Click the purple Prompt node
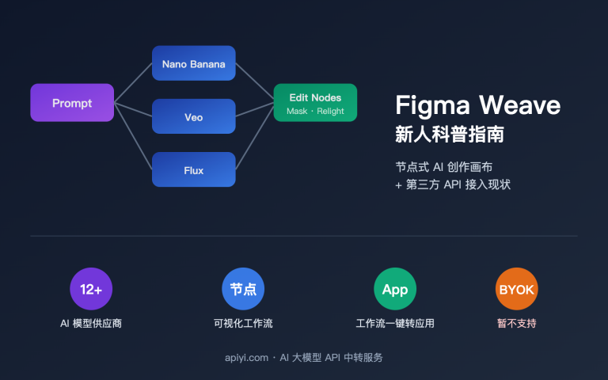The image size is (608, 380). point(72,103)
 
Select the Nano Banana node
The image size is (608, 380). point(193,63)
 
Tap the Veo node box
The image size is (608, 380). point(193,116)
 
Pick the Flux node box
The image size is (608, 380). point(193,169)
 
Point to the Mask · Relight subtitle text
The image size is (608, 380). point(315,112)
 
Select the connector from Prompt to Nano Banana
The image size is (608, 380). point(133,83)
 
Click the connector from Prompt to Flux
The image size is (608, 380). point(133,136)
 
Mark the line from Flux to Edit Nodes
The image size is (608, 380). point(254,136)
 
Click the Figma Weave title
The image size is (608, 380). point(477,105)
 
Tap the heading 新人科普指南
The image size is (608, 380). point(450,134)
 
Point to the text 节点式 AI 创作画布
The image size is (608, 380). point(449,167)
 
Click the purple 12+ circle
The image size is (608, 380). point(91,289)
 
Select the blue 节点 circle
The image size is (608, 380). point(243,289)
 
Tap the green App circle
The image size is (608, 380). point(395,289)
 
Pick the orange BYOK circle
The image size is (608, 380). point(516,289)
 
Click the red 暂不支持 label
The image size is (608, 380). point(516,323)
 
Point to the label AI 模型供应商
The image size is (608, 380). point(91,323)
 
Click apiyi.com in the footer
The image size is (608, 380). point(246,358)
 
